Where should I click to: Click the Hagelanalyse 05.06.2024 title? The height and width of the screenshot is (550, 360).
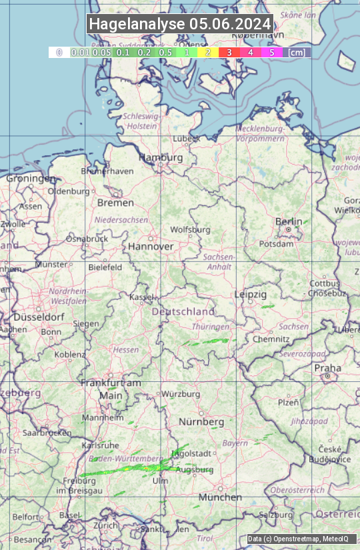(x=180, y=24)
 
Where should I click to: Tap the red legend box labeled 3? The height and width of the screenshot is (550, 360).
(x=229, y=52)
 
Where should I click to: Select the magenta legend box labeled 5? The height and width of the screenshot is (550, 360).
(x=271, y=52)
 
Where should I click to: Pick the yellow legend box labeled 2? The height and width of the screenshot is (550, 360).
(x=208, y=52)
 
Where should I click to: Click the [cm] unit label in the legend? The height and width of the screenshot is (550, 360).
(x=297, y=52)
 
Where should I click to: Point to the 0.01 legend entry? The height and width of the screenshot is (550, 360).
(x=81, y=52)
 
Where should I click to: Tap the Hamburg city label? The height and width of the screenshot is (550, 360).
(x=160, y=157)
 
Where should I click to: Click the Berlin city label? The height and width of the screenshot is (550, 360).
(x=289, y=222)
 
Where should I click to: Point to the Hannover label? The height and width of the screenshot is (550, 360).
(x=151, y=246)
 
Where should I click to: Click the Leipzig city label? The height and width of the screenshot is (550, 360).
(x=251, y=294)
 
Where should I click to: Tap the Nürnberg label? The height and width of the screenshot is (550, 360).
(x=201, y=422)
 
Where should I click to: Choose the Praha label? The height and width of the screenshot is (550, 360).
(x=327, y=368)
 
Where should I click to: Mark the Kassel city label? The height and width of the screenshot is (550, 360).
(x=141, y=297)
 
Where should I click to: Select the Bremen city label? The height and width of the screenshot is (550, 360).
(x=115, y=203)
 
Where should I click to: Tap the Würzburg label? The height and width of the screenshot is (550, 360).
(x=181, y=394)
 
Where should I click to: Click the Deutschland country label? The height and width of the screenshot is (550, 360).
(x=183, y=311)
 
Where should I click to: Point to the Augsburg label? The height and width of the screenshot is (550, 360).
(x=195, y=470)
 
